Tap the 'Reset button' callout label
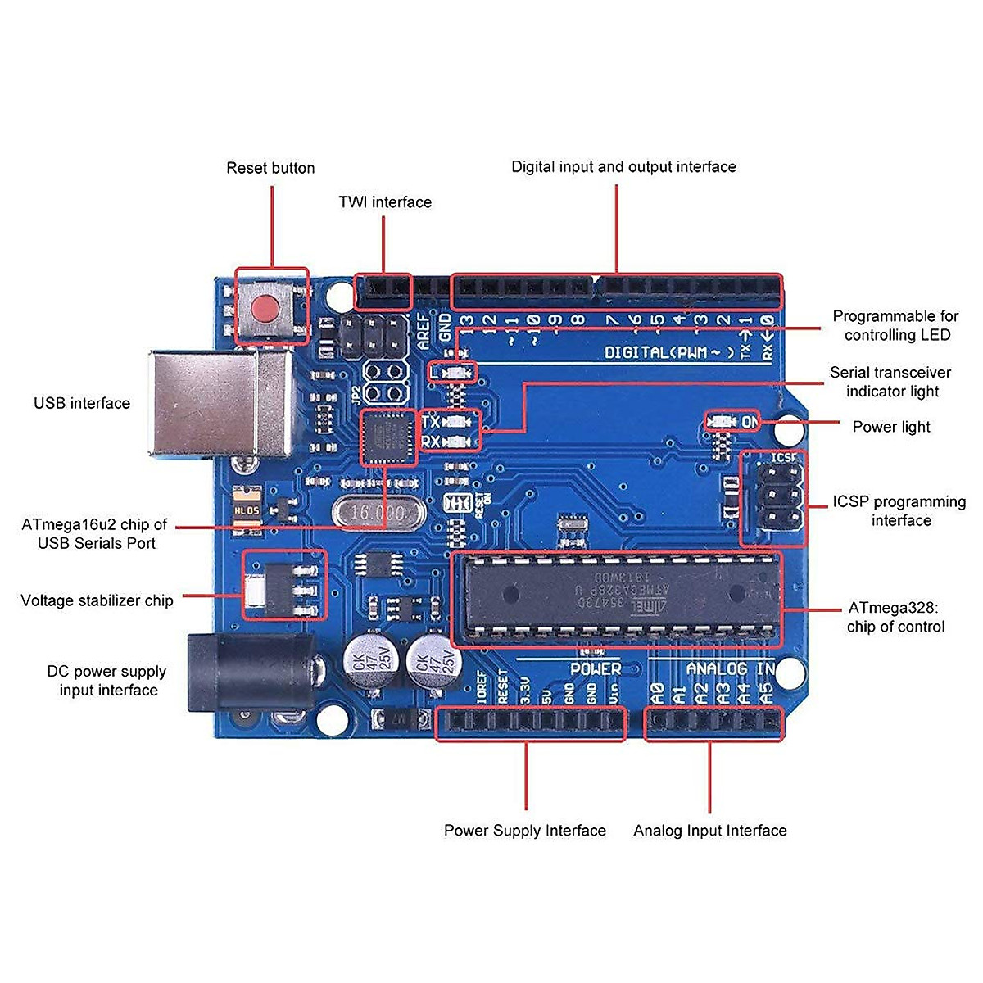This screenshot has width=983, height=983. click(270, 168)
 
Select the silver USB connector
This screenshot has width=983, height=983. click(220, 403)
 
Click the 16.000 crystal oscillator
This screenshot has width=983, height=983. click(378, 514)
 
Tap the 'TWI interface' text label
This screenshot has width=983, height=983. click(385, 202)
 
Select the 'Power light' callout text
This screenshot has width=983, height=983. click(891, 427)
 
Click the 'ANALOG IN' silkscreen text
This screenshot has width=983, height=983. click(730, 669)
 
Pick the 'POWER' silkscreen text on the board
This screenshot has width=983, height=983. click(596, 669)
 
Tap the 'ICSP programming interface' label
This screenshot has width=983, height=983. click(899, 511)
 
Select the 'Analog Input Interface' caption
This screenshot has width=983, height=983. click(709, 831)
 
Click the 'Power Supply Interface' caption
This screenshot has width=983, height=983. click(525, 831)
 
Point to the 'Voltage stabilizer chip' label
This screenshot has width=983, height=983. click(97, 600)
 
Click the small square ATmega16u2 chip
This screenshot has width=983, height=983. click(388, 438)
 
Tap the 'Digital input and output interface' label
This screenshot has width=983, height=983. click(623, 167)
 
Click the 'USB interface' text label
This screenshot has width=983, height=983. click(82, 403)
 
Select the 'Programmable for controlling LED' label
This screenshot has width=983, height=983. click(896, 325)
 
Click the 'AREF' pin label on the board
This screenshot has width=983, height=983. click(424, 332)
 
